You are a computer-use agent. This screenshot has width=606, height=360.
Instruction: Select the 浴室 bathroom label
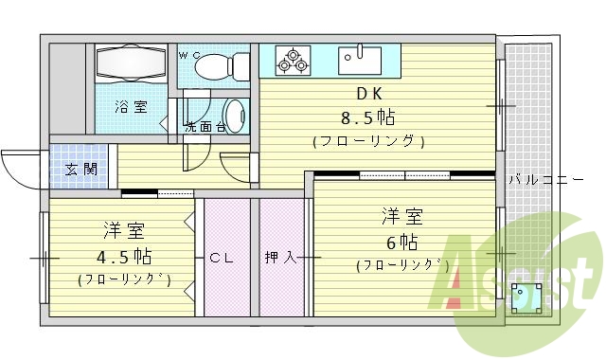point(131,107)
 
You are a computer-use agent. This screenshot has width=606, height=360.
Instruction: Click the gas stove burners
point(292,61)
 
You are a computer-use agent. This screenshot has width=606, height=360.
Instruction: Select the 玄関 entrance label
point(80,170)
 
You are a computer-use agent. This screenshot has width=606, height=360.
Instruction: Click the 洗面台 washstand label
point(205,126)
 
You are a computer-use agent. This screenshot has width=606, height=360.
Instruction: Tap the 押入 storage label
point(280,257)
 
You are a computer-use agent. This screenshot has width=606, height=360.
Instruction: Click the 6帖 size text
point(401,241)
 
